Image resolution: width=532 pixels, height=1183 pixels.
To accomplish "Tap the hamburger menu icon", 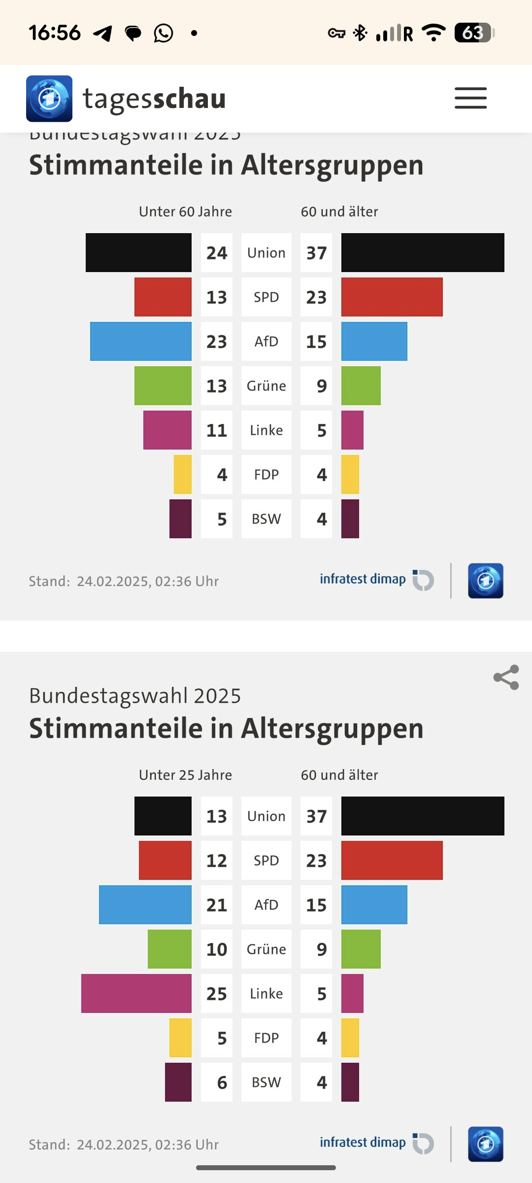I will [x=470, y=98].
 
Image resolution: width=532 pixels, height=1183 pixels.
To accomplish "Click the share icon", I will [x=506, y=677].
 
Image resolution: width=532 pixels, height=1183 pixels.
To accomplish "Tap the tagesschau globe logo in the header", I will [x=49, y=99].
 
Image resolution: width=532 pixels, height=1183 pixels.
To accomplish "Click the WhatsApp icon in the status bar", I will [x=163, y=33].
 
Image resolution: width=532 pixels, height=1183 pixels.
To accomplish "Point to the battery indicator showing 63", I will [x=473, y=33].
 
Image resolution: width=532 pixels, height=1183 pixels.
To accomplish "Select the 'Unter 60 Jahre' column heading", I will [x=185, y=211].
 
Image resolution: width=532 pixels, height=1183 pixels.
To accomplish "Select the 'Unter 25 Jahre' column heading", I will [x=185, y=775].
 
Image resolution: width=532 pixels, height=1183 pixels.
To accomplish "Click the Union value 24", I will [x=217, y=253].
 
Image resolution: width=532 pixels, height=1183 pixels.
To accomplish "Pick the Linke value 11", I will [x=217, y=430].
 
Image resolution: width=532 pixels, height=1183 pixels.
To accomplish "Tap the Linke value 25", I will [x=217, y=994].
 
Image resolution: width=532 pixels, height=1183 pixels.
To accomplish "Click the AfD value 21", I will [x=217, y=905].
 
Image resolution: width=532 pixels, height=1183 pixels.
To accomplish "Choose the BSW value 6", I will [x=222, y=1082].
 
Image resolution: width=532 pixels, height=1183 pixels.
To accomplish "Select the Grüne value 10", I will [x=217, y=949].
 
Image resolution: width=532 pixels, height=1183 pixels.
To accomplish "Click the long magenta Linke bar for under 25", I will [x=136, y=994].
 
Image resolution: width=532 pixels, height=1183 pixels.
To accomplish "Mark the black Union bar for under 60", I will [x=138, y=252].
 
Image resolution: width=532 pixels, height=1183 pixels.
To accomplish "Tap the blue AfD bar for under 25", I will [x=145, y=905].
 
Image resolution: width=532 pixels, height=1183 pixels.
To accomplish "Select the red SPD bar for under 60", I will [x=163, y=297].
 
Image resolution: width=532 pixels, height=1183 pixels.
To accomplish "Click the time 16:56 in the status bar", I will [x=54, y=33].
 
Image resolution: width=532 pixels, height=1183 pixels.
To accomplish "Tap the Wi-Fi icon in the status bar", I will [x=434, y=33].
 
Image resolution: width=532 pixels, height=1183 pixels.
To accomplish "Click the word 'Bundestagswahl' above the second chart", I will [x=108, y=696].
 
